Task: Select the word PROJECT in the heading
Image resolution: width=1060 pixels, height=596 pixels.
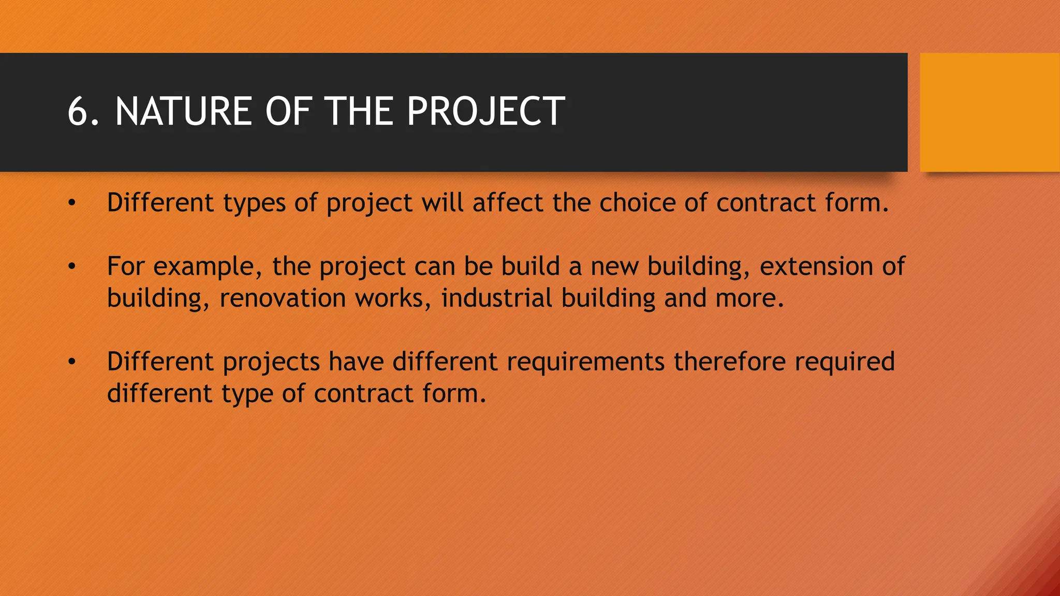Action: (x=485, y=112)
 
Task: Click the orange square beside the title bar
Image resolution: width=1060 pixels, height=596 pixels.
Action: (x=990, y=112)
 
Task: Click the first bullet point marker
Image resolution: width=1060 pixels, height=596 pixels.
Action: (x=72, y=203)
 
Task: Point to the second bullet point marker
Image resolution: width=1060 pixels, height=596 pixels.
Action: (x=72, y=266)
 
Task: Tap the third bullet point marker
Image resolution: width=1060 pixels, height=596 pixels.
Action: (x=72, y=362)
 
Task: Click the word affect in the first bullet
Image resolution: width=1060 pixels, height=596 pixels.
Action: (x=507, y=203)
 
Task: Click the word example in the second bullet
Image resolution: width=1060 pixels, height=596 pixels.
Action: (x=203, y=267)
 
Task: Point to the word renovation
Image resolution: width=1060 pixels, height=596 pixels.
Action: (x=283, y=299)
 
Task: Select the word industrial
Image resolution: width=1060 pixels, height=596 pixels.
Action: (x=496, y=299)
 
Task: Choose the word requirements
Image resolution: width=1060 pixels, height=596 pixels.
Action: (x=585, y=362)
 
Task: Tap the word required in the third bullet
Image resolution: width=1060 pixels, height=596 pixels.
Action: (x=845, y=362)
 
